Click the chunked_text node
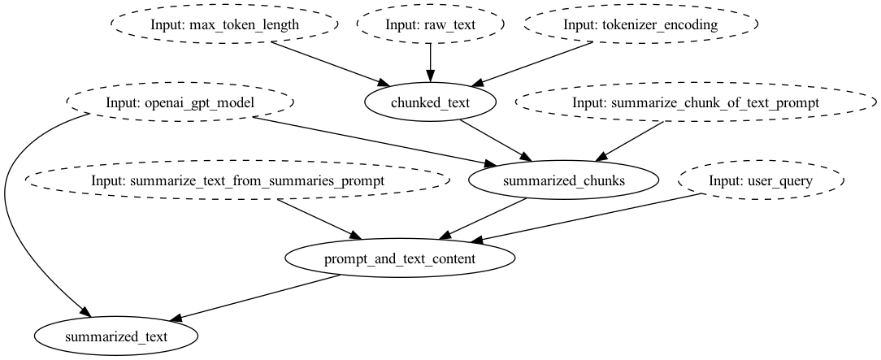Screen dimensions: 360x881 430,102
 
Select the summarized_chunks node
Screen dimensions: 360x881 563,180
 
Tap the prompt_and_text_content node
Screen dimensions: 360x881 400,259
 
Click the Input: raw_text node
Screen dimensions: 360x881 430,24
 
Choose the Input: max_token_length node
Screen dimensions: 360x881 224,24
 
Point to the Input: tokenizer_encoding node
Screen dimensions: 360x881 641,24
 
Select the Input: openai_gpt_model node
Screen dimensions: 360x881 180,103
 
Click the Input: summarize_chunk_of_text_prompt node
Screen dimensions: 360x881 695,103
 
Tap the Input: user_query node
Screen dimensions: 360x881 760,180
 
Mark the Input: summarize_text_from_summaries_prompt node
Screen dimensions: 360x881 237,180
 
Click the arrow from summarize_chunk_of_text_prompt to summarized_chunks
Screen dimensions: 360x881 630,141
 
